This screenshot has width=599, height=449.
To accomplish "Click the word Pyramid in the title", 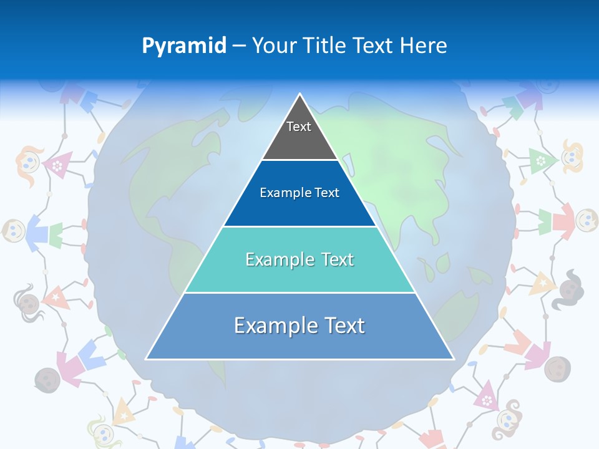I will tap(184, 46).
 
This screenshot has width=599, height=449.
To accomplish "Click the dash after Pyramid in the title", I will tap(239, 46).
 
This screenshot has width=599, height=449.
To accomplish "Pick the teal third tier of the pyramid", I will tap(299, 274).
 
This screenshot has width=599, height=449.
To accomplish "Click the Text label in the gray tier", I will tap(299, 127).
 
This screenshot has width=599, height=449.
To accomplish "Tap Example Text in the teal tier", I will tap(299, 259).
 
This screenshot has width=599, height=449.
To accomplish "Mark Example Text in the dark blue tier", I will tap(299, 193).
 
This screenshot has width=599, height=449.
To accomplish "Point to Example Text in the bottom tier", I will tap(299, 326).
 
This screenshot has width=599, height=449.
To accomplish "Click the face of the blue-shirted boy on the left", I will tap(14, 231).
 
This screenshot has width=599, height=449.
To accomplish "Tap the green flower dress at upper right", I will tap(540, 160).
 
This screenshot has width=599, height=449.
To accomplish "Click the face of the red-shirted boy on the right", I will tap(586, 219).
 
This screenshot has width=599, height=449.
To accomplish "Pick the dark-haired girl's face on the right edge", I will tap(569, 288).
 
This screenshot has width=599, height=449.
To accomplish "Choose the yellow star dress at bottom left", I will tap(124, 413).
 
